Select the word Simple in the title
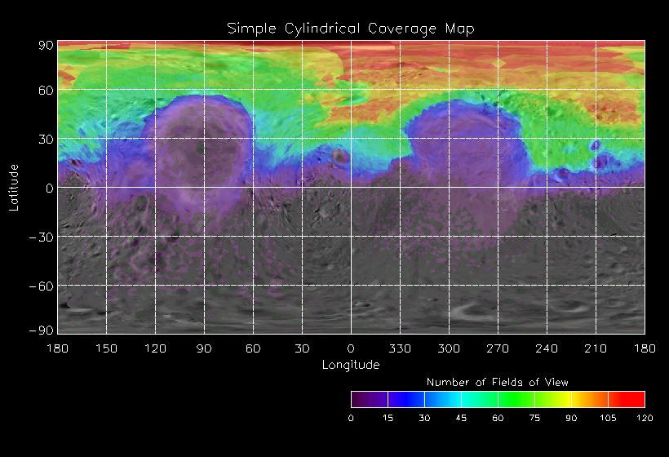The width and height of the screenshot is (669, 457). [248, 29]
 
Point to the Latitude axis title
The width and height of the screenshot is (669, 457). [14, 187]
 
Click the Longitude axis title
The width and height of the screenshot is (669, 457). [351, 365]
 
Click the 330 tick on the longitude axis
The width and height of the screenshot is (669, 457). [400, 348]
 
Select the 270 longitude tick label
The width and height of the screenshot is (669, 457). [498, 348]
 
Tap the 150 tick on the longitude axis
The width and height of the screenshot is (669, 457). [106, 348]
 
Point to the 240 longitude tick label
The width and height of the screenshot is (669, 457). [547, 348]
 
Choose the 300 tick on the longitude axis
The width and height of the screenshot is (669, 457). [449, 348]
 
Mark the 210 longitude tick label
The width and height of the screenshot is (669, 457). [596, 348]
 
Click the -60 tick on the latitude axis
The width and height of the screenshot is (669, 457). [42, 286]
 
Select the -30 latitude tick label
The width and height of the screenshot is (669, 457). [42, 237]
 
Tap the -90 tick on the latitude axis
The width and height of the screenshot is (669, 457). [42, 330]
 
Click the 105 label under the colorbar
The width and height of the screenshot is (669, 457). [608, 418]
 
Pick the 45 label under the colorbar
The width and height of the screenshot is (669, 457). [461, 418]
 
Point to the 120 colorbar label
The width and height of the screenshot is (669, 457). [645, 418]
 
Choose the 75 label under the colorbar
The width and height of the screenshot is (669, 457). [534, 418]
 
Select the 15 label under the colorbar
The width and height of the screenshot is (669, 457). [388, 418]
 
